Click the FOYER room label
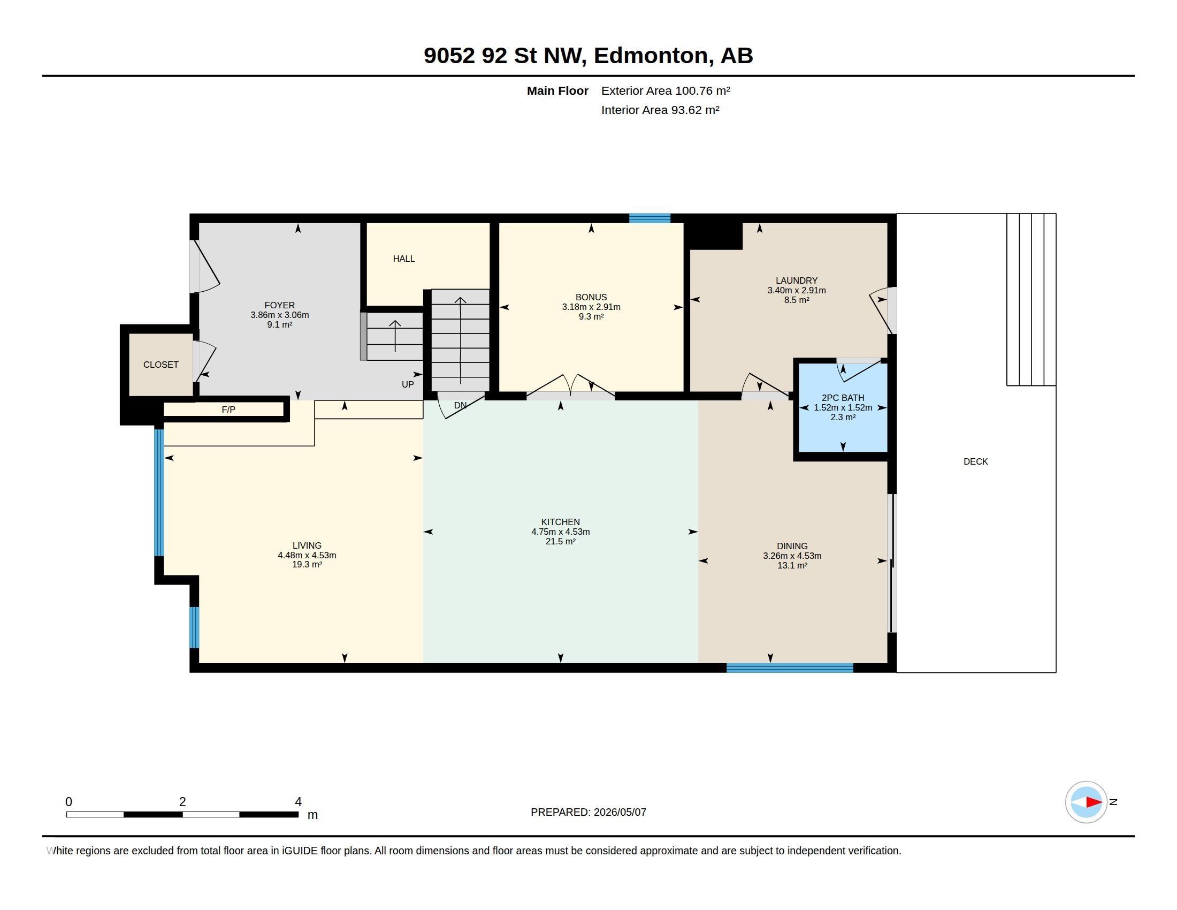279,305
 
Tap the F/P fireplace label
228,409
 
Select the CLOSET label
160,365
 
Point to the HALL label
403,259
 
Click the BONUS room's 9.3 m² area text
591,316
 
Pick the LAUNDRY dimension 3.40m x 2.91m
797,290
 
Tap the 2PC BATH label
843,398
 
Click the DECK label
975,461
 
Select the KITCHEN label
561,522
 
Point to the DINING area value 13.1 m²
792,565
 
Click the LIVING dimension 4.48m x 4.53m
307,555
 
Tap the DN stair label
460,405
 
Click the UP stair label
408,384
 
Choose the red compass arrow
1094,802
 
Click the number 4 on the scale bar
298,802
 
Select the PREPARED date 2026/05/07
620,812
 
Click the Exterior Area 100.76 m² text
666,90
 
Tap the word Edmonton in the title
651,56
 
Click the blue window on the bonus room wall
650,218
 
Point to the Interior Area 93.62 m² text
660,110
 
